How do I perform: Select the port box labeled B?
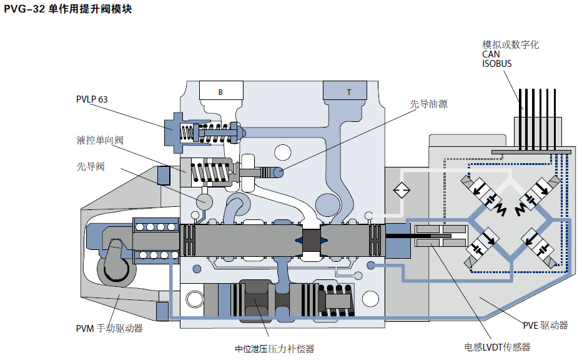[x=220, y=91]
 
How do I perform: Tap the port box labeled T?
[x=348, y=91]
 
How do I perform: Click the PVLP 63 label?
[x=92, y=99]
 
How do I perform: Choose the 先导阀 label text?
[x=90, y=166]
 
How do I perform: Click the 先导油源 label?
[x=428, y=104]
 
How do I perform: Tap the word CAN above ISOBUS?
[x=491, y=54]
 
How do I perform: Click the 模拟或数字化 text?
[x=510, y=45]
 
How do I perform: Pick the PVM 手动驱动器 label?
[x=109, y=327]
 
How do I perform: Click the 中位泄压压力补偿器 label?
[x=274, y=348]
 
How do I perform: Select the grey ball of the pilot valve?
[x=204, y=201]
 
